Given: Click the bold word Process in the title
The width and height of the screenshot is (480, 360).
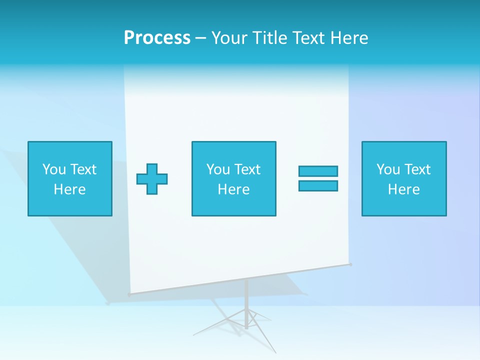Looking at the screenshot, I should pos(157,38).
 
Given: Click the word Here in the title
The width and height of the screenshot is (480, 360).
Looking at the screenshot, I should pos(349,38).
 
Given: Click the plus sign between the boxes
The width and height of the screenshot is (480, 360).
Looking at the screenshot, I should pos(152,179).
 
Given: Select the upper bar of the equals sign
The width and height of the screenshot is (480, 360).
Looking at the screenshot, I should pos(318,171).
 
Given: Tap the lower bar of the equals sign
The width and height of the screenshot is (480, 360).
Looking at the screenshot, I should pos(318,185).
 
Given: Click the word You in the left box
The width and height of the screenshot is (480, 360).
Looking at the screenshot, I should pos(54,169).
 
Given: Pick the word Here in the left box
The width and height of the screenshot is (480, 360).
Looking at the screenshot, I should pos(69,189).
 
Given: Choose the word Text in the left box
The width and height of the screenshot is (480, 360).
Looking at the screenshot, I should pos(83,169).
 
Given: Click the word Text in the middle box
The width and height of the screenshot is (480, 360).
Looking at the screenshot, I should pos(247,169).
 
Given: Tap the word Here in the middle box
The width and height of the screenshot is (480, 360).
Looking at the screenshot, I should pos(233,189).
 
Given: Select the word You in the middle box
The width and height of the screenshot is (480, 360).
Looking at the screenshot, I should pos(218,169).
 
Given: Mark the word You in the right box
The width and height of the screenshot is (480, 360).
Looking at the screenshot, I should pos(388,169).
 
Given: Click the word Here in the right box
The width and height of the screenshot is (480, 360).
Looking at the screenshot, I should pos(403,189).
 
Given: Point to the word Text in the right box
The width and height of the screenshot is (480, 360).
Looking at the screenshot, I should pos(417,169).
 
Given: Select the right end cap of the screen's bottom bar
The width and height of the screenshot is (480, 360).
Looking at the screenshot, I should pos(351,264).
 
